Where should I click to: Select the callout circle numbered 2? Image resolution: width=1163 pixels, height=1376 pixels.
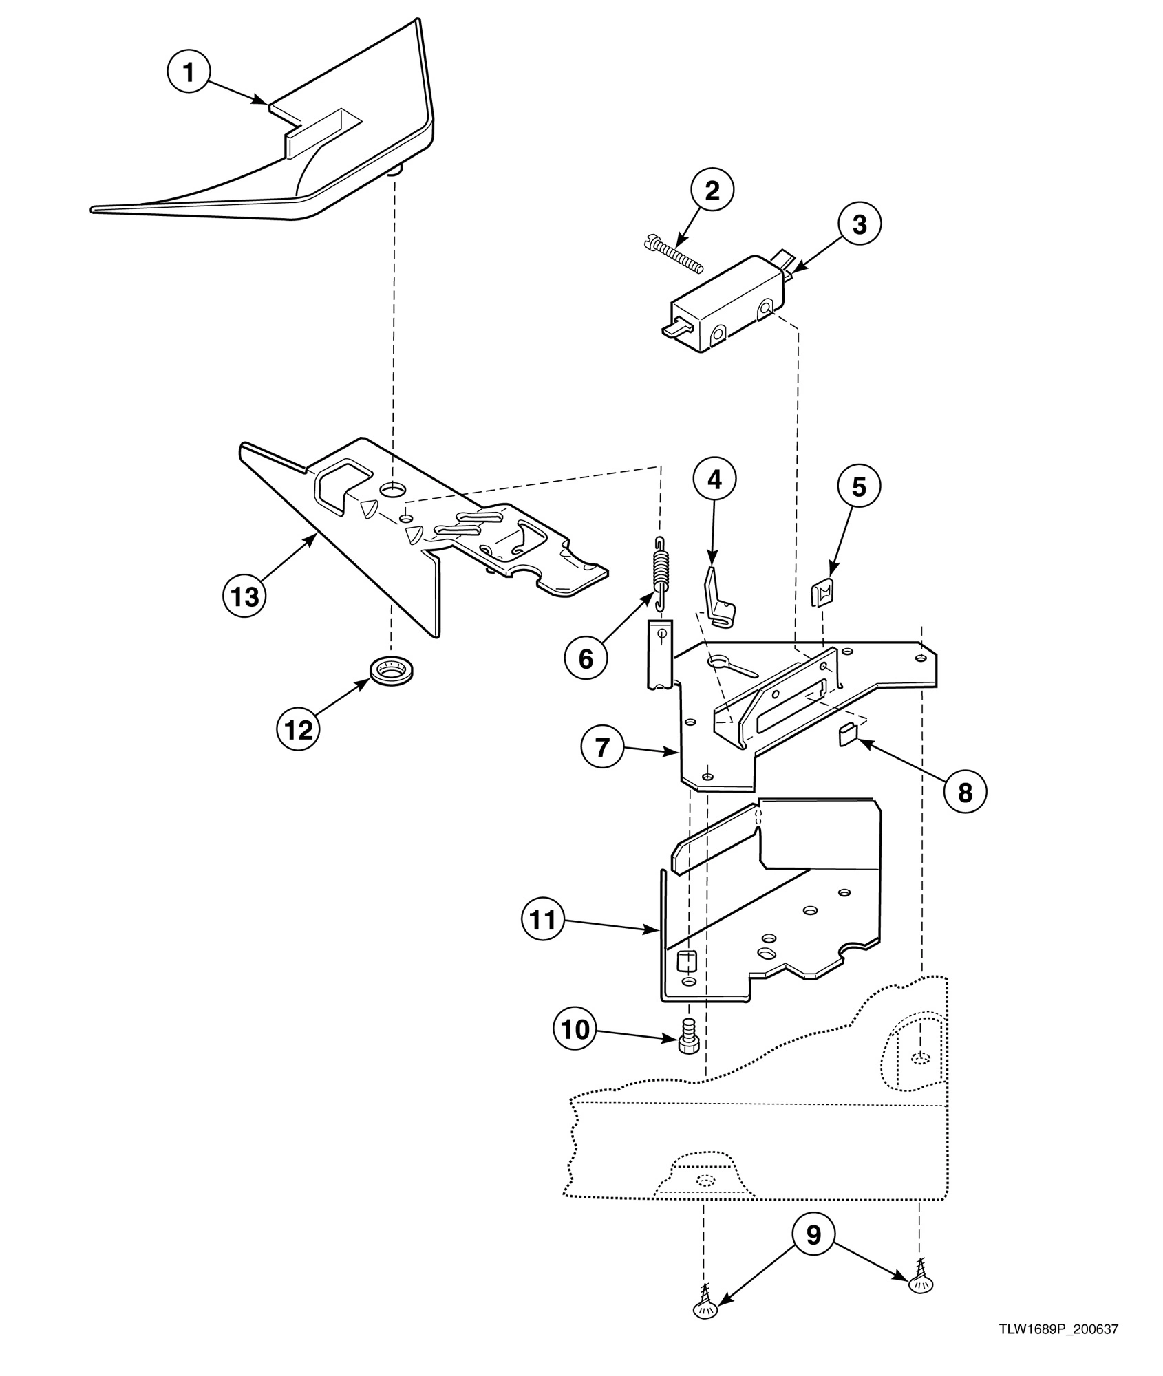pos(712,191)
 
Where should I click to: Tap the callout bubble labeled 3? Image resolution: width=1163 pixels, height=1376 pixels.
pos(860,224)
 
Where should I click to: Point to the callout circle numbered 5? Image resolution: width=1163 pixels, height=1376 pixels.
pos(859,486)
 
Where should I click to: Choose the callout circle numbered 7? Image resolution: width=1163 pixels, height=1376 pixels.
pos(603,746)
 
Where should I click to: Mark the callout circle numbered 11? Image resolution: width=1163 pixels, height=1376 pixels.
pos(543,920)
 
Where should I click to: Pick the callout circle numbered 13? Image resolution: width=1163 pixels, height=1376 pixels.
pos(245,596)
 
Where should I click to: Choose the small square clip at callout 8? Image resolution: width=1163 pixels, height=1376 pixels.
pos(846,736)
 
